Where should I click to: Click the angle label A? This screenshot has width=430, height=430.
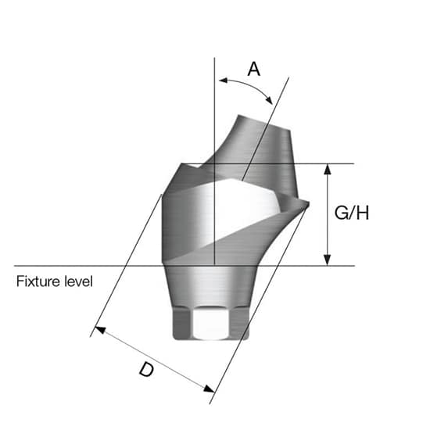tap(253, 69)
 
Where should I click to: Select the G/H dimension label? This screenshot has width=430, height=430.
tap(351, 213)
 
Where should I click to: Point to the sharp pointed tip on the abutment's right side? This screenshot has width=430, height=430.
tap(307, 205)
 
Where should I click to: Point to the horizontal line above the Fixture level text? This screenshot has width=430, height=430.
tap(78, 265)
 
